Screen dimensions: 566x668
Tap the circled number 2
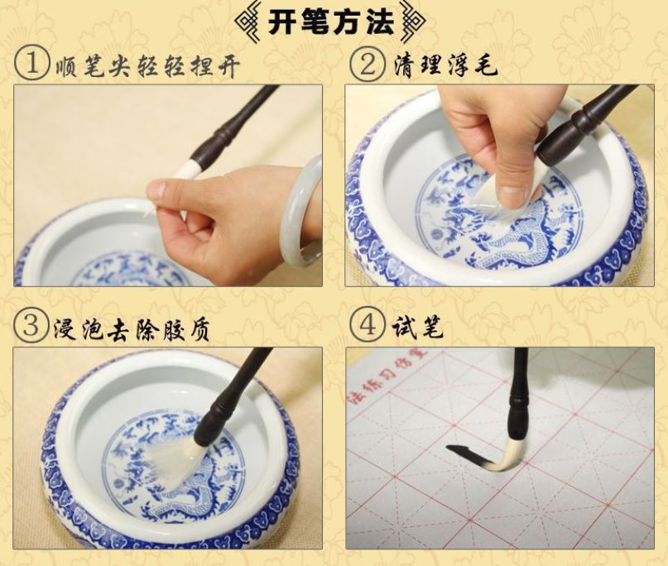click(x=368, y=65)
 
